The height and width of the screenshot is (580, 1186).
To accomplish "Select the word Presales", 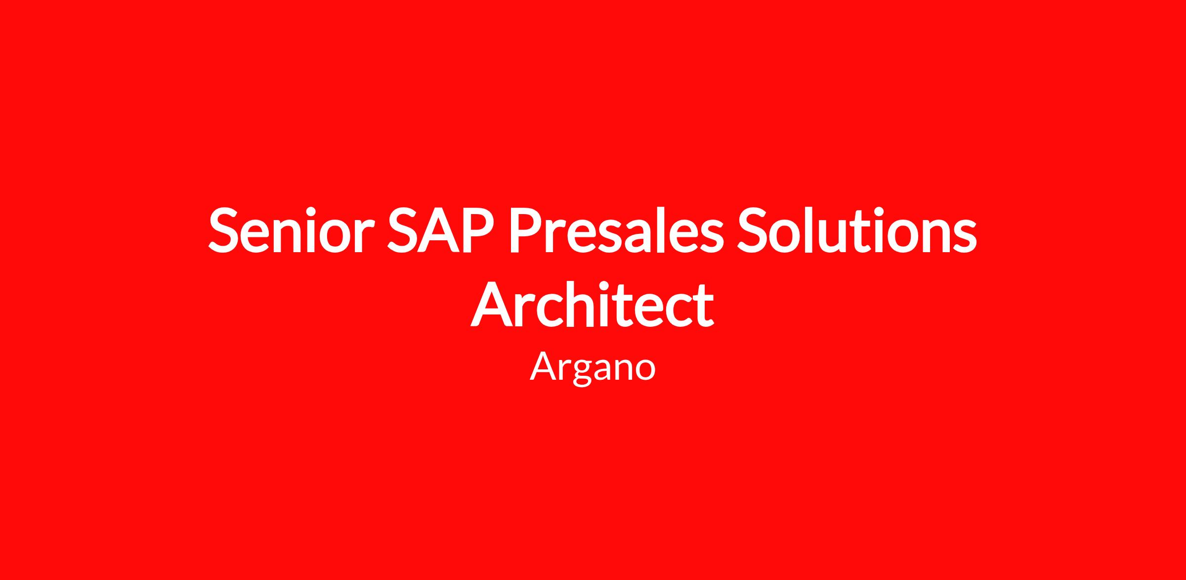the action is (x=617, y=229).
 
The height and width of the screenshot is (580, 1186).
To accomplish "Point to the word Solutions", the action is (x=857, y=229).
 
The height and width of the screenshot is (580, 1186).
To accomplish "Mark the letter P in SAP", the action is (x=477, y=230).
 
